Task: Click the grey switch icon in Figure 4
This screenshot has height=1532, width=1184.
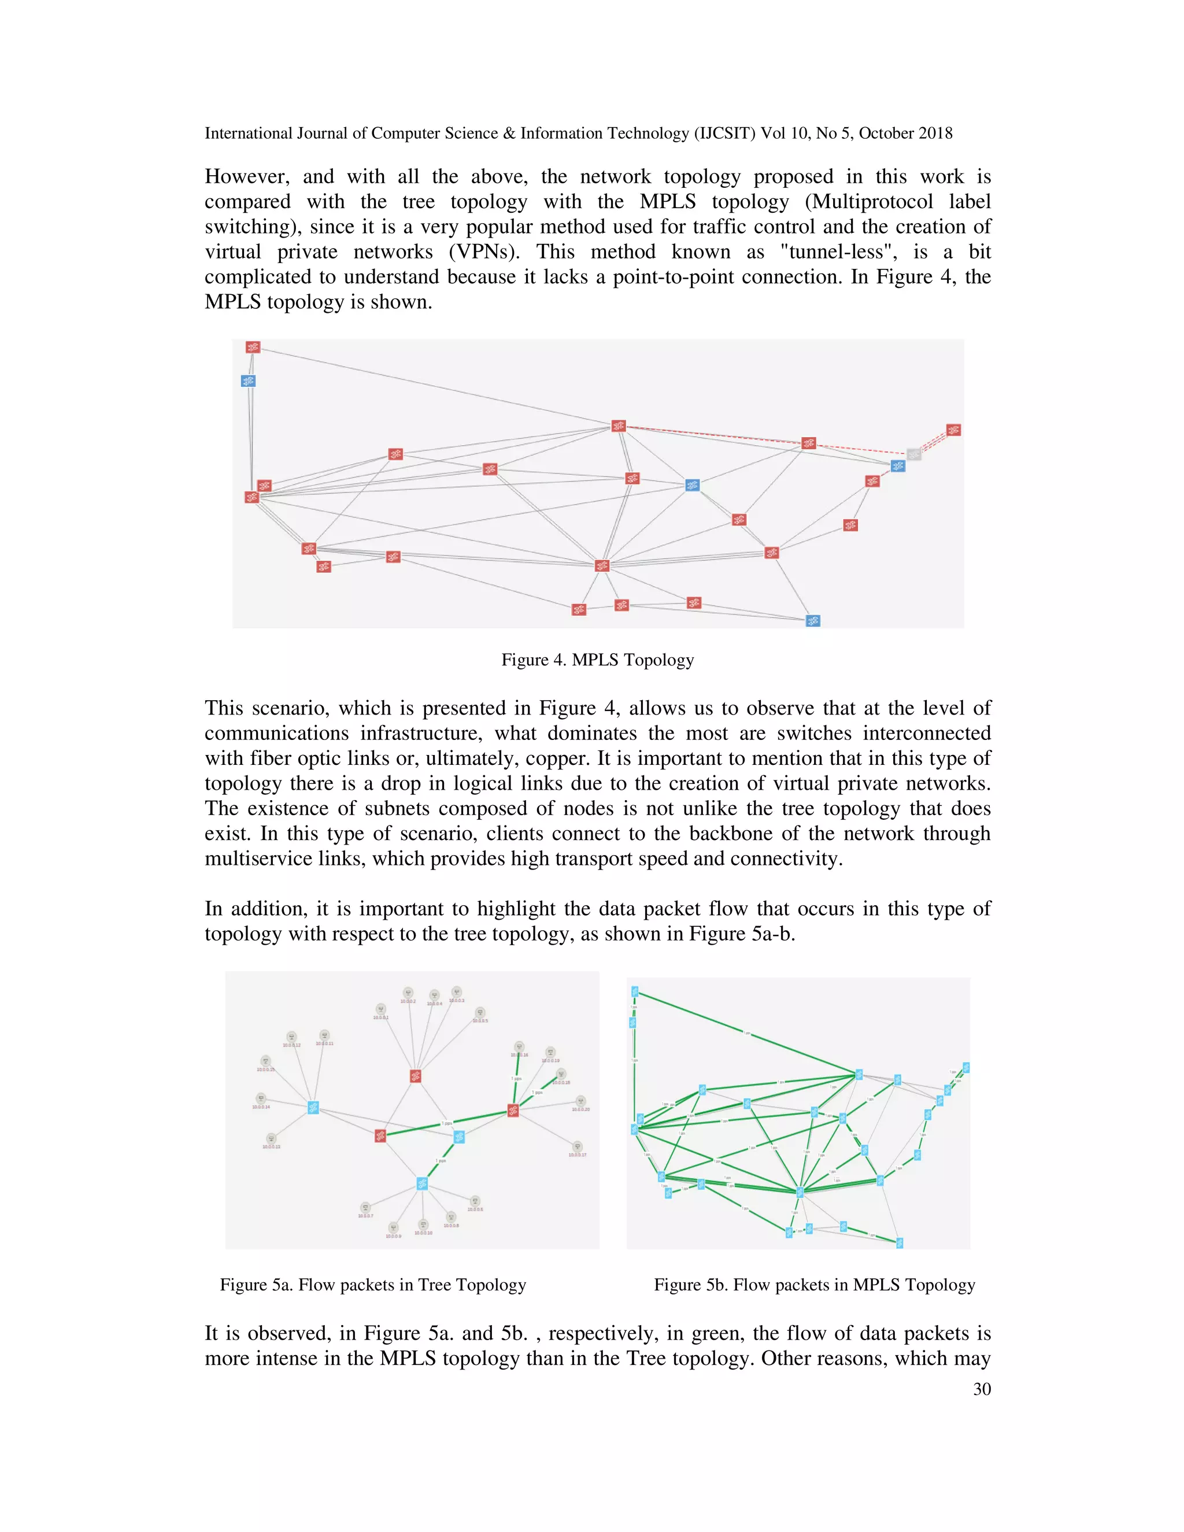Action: pos(913,454)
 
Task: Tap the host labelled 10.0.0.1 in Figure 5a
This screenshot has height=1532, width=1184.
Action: pos(381,1009)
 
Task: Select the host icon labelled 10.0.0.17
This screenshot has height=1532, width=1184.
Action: pos(578,1147)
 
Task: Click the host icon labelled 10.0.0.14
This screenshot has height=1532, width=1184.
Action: pos(261,1098)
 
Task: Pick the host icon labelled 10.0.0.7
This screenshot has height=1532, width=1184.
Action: pos(365,1207)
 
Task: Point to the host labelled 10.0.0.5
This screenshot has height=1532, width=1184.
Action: pos(480,1013)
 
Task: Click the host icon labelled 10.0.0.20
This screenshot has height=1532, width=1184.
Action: pos(580,1101)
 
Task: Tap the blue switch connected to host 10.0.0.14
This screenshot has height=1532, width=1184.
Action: pos(313,1108)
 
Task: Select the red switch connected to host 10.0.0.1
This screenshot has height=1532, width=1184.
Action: pos(415,1076)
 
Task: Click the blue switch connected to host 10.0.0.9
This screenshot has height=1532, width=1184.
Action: pos(421,1183)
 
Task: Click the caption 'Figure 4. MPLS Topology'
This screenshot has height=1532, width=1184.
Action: pos(598,660)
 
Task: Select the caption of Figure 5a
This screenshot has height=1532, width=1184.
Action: pos(372,1285)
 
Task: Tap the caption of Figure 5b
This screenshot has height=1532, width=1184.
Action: pos(815,1285)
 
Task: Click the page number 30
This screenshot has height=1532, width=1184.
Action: pos(982,1390)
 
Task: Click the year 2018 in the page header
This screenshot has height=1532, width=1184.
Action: pos(933,134)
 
